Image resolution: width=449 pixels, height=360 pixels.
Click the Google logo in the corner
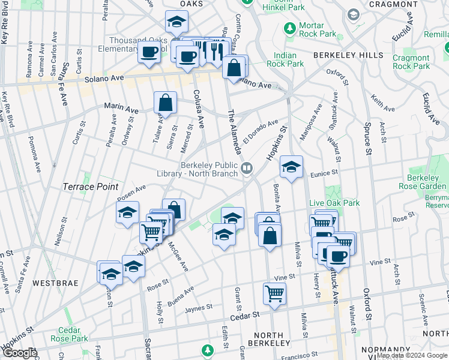coord(19,353)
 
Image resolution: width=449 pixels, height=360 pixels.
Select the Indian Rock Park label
coord(282,59)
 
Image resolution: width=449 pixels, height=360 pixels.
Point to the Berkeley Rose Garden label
coord(423,182)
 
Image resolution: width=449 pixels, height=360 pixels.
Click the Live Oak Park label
coord(334,203)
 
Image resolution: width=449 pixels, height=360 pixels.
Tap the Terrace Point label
coord(91,187)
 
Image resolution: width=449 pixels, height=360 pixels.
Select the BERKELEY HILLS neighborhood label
coord(348,55)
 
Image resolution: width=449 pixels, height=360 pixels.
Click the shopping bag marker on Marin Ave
coord(165,103)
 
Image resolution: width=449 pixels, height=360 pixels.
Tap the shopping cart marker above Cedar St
coord(274,294)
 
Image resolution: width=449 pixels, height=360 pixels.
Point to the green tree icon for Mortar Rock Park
coord(290,28)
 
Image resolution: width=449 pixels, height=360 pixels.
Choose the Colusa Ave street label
coord(199,106)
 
